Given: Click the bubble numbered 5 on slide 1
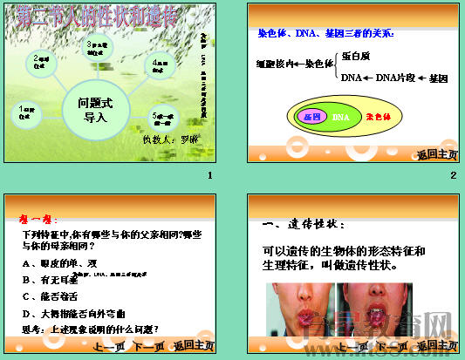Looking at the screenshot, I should coord(166,116).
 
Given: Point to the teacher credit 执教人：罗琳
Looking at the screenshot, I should coord(170,139).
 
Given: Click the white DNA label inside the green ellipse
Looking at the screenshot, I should coord(341,117).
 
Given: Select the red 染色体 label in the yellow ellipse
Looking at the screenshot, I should coord(378,116).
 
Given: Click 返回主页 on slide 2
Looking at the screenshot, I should coord(437,154).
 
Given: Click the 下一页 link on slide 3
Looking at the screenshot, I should coord(149,347).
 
